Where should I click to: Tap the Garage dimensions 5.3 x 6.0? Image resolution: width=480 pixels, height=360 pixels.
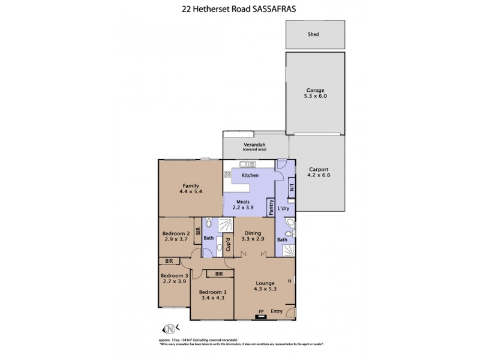[x=316, y=96]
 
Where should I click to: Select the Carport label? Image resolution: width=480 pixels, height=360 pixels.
[x=318, y=169]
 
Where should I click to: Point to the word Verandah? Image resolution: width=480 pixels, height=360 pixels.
[x=254, y=145]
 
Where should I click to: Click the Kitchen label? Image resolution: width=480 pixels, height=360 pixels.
[x=250, y=175]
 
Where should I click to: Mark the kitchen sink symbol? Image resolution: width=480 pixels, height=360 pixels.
[x=248, y=164]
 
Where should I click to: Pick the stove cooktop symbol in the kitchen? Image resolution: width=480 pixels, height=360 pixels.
[x=228, y=175]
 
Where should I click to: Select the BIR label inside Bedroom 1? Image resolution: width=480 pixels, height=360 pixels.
[x=219, y=274]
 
